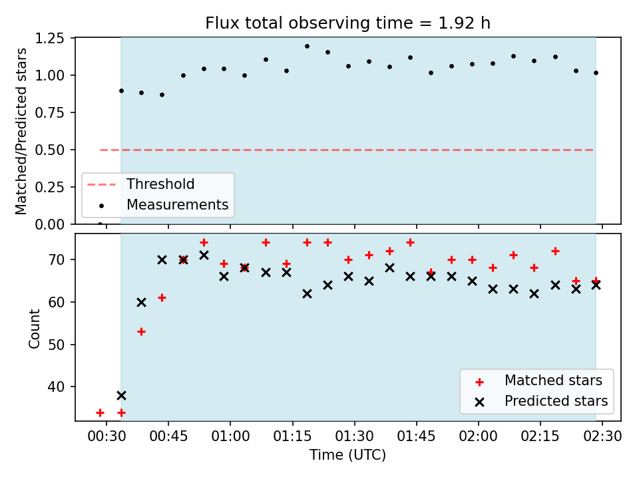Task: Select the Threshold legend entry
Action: point(141,184)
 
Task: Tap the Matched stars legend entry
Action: point(538,381)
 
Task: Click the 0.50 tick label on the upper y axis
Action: point(50,150)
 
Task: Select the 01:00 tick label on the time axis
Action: point(230,436)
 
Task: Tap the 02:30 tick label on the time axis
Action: point(602,436)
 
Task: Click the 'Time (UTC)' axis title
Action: point(347,455)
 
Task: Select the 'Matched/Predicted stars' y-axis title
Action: point(21,131)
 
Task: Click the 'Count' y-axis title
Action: point(34,329)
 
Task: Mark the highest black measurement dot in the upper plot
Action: point(307,47)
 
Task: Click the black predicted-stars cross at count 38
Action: point(121,395)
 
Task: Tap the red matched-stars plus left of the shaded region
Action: point(101,413)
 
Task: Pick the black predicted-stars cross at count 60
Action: point(141,302)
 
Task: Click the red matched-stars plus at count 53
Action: point(141,332)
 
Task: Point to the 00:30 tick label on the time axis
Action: point(106,436)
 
